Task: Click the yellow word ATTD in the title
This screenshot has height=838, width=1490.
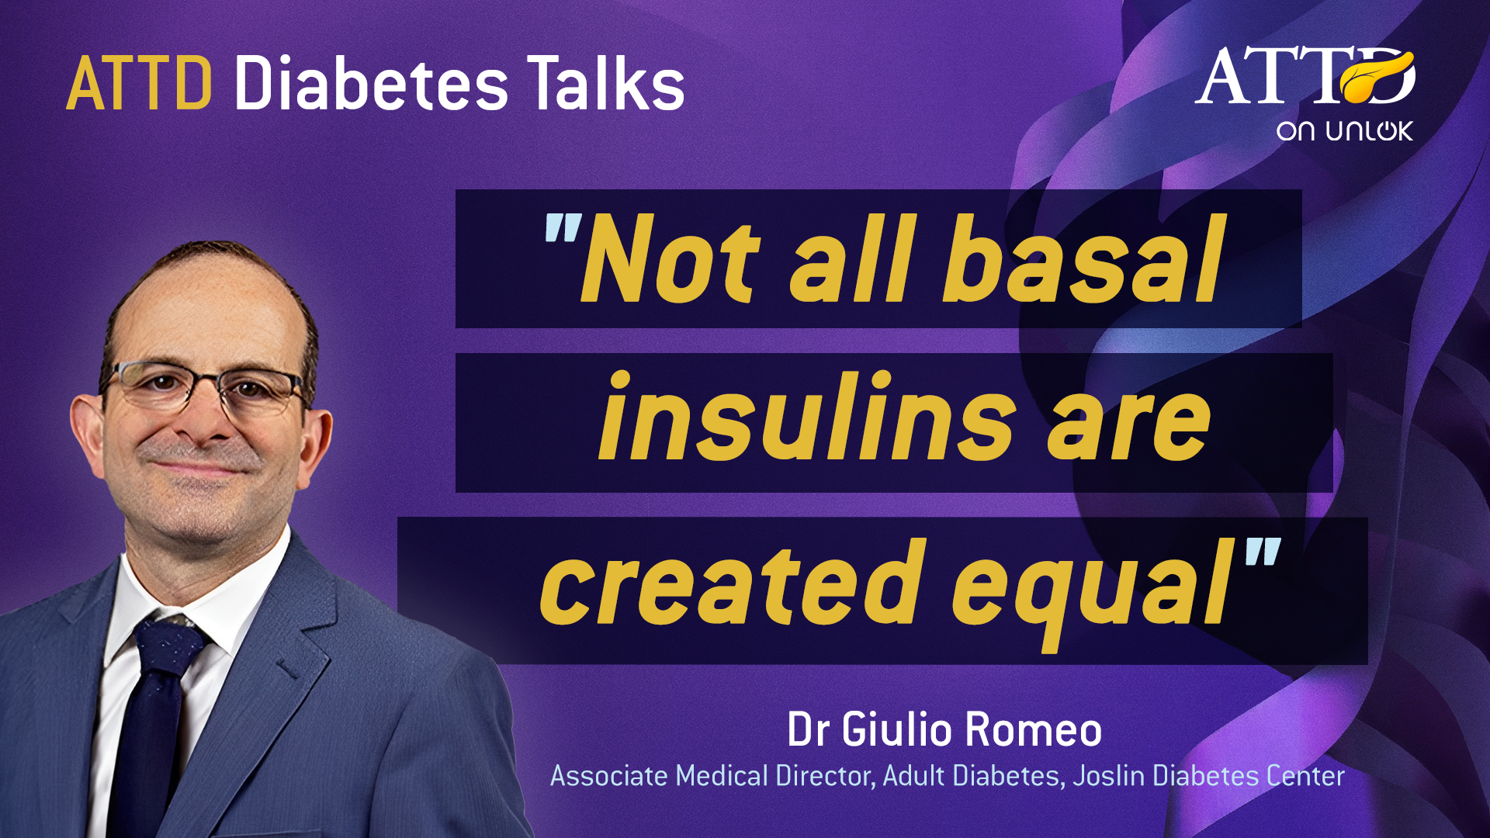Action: (x=139, y=83)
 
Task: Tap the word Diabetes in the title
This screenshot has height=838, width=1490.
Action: (x=371, y=83)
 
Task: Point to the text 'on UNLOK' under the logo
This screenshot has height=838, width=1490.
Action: (x=1345, y=130)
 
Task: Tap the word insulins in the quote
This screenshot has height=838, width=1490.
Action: (x=807, y=416)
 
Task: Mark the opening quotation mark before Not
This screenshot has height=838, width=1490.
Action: (x=563, y=227)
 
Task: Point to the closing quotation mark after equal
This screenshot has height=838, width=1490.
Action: (x=1263, y=552)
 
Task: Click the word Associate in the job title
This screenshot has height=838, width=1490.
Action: (x=609, y=775)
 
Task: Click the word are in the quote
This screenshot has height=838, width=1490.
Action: (x=1128, y=427)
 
